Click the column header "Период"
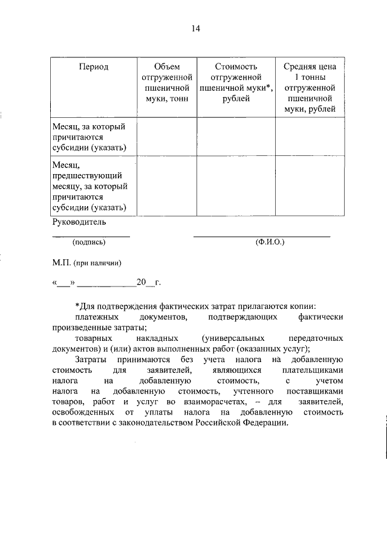pyautogui.click(x=93, y=67)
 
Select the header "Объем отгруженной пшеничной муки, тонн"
pyautogui.click(x=167, y=82)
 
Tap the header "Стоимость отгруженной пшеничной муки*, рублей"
pyautogui.click(x=236, y=82)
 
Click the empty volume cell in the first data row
pyautogui.click(x=167, y=137)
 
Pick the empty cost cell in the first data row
pyautogui.click(x=236, y=137)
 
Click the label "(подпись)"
pyautogui.click(x=89, y=242)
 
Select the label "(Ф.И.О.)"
pyautogui.click(x=270, y=242)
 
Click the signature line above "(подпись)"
pyautogui.click(x=91, y=236)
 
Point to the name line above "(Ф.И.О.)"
pyautogui.click(x=262, y=236)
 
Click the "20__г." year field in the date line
pyautogui.click(x=148, y=282)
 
